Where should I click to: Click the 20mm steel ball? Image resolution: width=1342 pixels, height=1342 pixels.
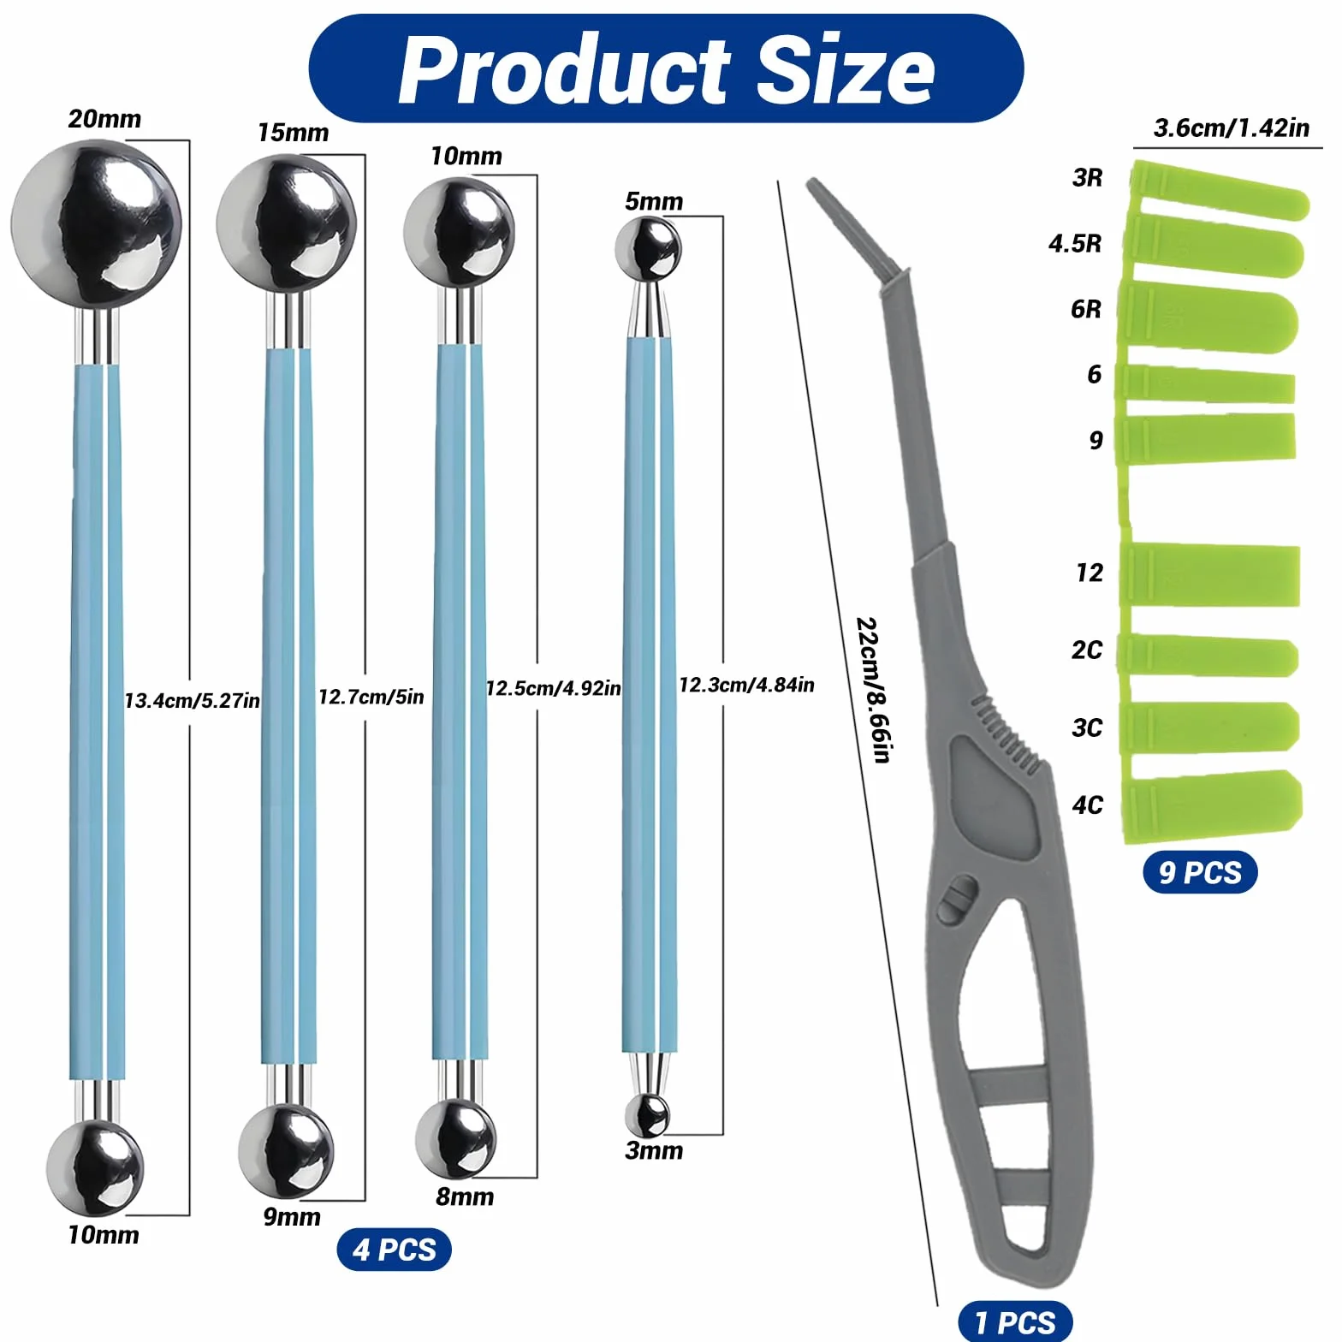coord(97,224)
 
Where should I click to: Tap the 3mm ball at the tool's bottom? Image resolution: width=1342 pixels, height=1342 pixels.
coord(647,1115)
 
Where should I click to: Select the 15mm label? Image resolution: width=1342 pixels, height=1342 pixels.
coord(293,133)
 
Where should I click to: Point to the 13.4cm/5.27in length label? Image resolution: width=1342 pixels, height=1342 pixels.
coord(192,701)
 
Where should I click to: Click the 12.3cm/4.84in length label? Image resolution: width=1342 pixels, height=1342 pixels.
coord(746,685)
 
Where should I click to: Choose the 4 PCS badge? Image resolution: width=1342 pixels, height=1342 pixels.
coord(395,1250)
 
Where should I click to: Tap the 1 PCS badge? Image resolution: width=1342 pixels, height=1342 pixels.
coord(1015,1321)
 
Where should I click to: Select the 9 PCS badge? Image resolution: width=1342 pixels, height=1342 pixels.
coord(1200,872)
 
